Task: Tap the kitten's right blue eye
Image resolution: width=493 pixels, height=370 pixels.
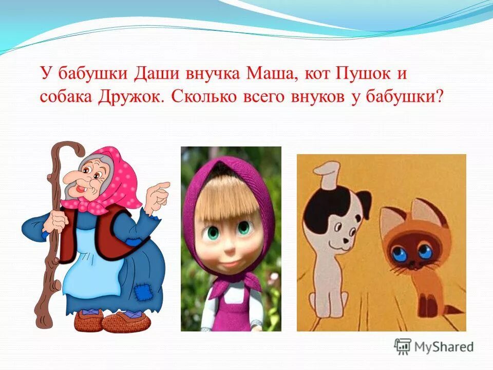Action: click(x=425, y=252)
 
